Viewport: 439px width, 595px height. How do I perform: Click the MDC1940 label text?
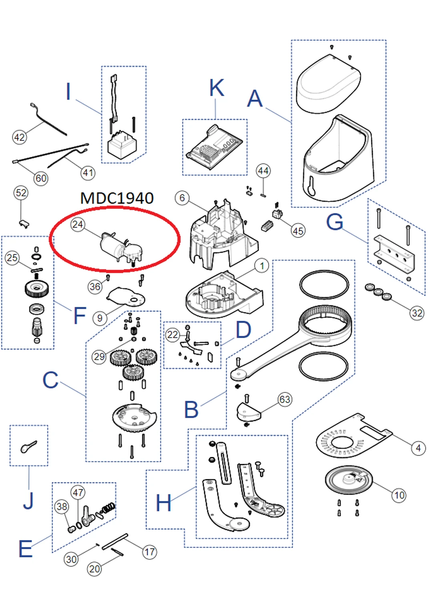117,198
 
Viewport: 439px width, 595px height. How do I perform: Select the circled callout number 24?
78,224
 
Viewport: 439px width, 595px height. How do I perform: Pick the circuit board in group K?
214,148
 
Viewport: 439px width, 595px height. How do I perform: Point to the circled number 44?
263,171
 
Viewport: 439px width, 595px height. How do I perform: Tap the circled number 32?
417,313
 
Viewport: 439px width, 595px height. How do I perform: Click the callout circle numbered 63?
284,399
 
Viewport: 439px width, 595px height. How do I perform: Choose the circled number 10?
399,495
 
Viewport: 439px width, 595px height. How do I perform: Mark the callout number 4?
418,448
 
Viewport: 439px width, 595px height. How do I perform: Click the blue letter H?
163,503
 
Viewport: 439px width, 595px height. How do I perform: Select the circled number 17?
149,552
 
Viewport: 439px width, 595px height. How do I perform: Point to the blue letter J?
28,500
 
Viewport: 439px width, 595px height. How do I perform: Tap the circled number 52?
21,193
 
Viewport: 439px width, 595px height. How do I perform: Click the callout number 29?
99,357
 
